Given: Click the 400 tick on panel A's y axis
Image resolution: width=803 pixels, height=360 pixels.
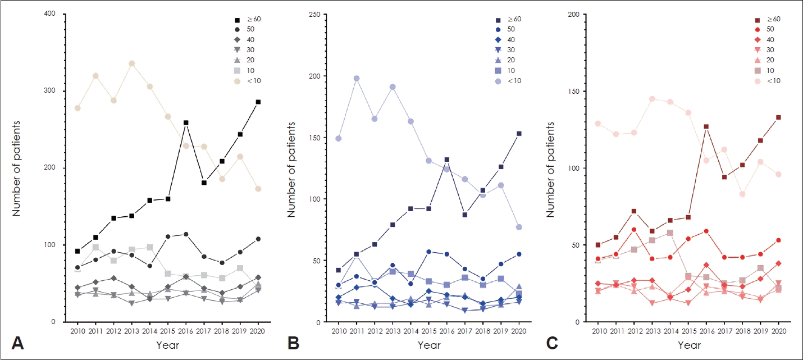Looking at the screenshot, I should (56, 14).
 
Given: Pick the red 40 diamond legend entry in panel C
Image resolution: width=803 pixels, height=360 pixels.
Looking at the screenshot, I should (767, 39).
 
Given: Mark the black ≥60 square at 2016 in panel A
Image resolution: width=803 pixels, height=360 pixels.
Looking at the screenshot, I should (186, 122).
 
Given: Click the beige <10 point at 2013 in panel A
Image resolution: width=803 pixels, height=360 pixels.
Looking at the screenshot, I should (131, 63).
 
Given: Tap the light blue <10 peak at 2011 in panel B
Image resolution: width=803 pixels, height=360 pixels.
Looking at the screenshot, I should (357, 79).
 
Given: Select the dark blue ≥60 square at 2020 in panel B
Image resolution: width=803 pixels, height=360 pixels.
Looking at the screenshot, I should (519, 134).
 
